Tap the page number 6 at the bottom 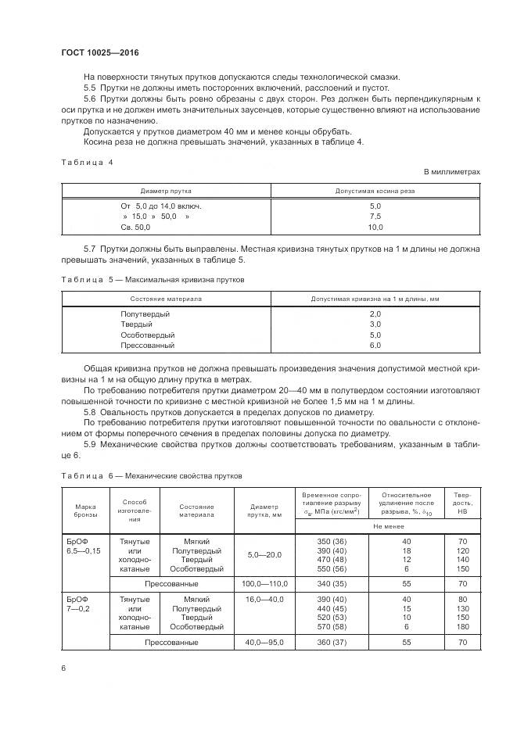pyautogui.click(x=63, y=668)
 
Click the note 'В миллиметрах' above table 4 pyautogui.click(x=452, y=170)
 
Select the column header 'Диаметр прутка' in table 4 pyautogui.click(x=166, y=191)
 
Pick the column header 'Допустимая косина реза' pyautogui.click(x=375, y=191)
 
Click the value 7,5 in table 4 pyautogui.click(x=375, y=217)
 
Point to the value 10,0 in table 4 pyautogui.click(x=375, y=227)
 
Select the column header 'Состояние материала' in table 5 pyautogui.click(x=166, y=299)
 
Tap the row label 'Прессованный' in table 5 pyautogui.click(x=147, y=345)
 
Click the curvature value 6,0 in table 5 pyautogui.click(x=375, y=345)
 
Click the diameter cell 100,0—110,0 pyautogui.click(x=264, y=584)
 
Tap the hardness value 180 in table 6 pyautogui.click(x=462, y=627)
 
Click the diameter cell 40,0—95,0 pyautogui.click(x=264, y=643)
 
